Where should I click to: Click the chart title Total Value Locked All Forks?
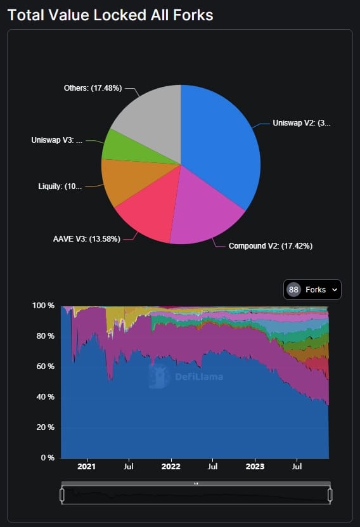[110, 15]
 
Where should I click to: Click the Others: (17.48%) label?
[93, 88]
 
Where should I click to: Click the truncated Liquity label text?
[60, 187]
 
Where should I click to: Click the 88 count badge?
[293, 290]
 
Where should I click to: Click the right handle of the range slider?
[330, 495]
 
